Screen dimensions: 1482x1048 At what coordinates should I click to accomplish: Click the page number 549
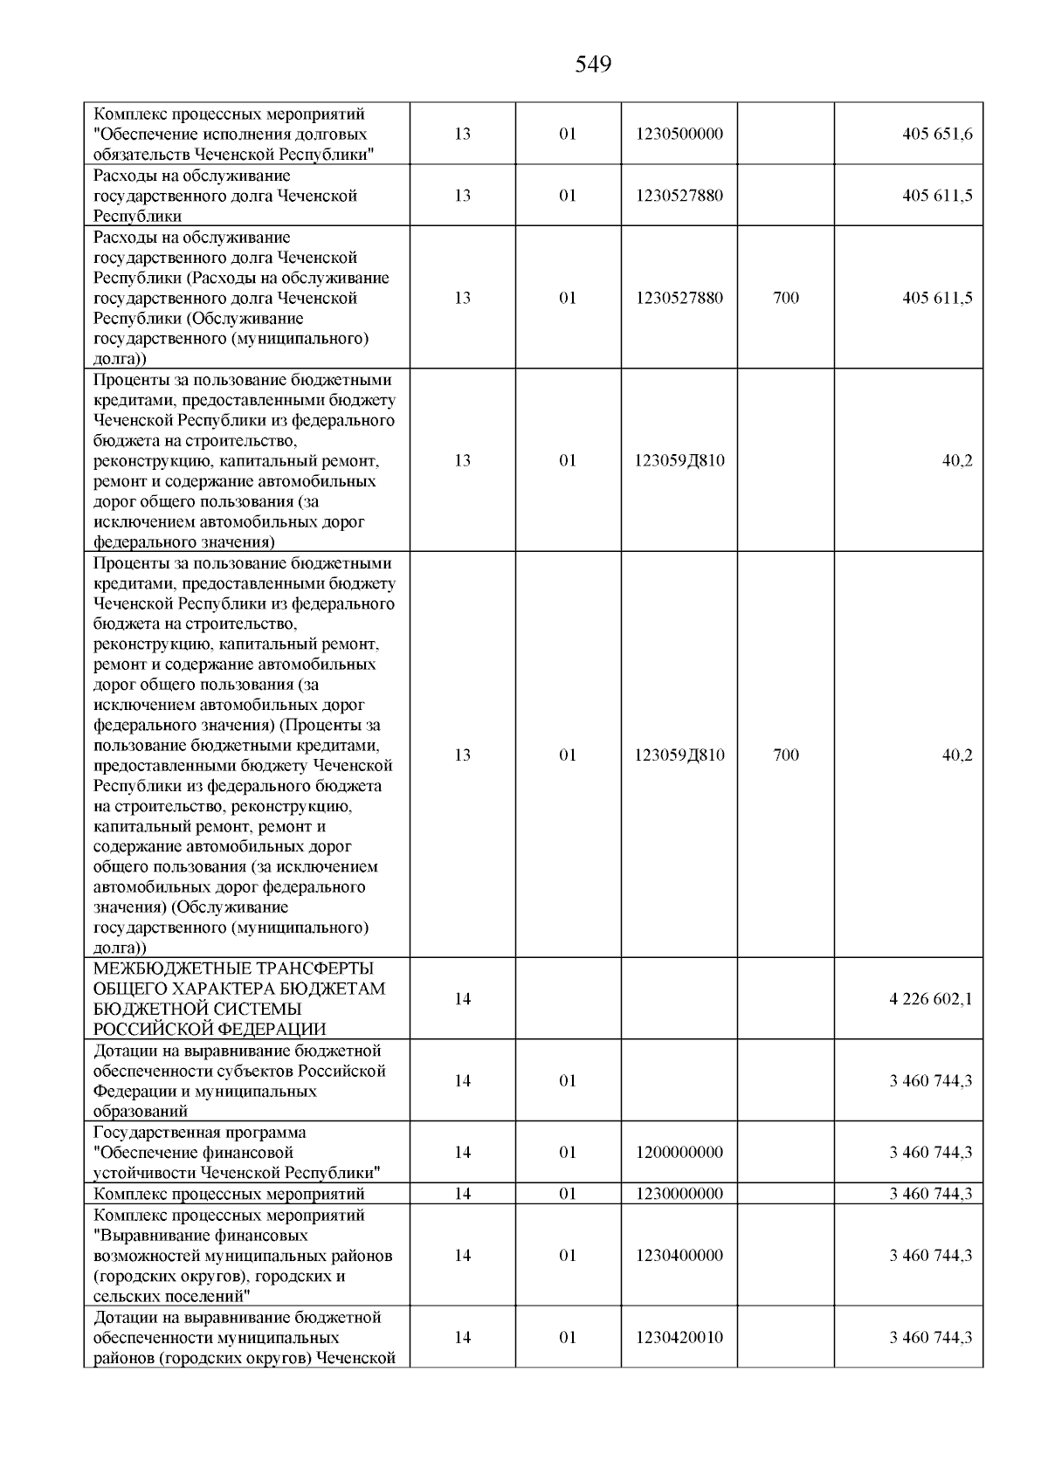(x=593, y=65)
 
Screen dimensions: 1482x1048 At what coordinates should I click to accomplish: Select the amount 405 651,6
(x=937, y=134)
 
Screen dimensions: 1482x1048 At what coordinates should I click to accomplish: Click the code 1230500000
(x=679, y=134)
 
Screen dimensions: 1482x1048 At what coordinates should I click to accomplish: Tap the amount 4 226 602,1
(x=930, y=999)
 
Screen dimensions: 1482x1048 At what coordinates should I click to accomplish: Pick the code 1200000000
(x=679, y=1153)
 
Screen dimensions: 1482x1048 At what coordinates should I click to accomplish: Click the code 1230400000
(x=679, y=1256)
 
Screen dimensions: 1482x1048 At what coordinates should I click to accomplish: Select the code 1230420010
(x=679, y=1338)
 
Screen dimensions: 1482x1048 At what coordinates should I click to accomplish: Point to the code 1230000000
(x=679, y=1194)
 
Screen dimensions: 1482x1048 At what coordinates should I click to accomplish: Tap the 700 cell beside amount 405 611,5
(x=786, y=298)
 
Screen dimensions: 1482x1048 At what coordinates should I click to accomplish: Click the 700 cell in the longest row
(x=786, y=755)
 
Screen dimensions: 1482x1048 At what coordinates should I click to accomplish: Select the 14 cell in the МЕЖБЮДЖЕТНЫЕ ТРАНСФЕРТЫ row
(x=463, y=999)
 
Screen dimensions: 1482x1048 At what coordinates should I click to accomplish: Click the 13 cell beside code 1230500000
(x=463, y=134)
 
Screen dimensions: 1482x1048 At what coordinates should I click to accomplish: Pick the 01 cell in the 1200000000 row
(x=568, y=1153)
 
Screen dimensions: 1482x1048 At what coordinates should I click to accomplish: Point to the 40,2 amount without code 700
(x=956, y=461)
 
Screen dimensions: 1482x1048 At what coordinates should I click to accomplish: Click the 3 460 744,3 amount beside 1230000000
(x=930, y=1194)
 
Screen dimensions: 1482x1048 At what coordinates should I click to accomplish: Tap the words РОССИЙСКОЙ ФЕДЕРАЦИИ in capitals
(x=210, y=1029)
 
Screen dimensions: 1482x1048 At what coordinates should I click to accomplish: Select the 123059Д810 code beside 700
(x=679, y=755)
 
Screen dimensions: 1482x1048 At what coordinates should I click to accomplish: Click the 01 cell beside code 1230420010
(x=568, y=1338)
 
